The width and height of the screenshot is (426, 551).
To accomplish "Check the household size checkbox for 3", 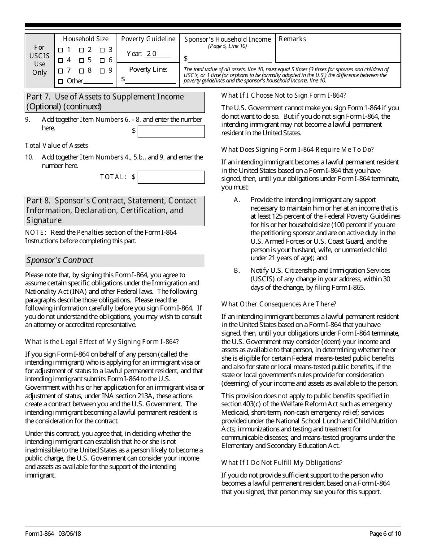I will click(x=102, y=50).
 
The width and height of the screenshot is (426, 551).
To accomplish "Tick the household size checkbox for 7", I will click(x=61, y=71).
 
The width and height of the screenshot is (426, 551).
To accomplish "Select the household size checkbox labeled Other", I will click(x=61, y=82).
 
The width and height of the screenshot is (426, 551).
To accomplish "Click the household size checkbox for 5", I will click(x=82, y=60).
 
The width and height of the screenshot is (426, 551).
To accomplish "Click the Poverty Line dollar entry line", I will click(x=151, y=80).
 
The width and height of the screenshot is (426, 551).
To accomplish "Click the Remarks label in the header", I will click(x=292, y=39).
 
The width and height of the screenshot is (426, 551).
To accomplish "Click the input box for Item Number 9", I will click(x=171, y=131).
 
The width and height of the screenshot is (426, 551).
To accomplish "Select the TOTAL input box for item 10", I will click(x=171, y=177).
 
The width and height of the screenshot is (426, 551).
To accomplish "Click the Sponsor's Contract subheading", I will click(x=60, y=260).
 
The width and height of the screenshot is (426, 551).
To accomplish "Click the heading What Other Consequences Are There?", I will click(x=278, y=304).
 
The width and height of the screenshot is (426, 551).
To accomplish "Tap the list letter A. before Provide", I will click(x=238, y=200).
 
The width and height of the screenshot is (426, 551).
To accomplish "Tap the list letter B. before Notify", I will click(x=238, y=271).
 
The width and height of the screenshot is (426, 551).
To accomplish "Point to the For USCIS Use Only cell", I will click(x=39, y=60).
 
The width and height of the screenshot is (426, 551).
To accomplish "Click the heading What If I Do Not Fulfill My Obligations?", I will click(x=282, y=463).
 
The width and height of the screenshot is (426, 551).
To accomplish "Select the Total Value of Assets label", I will click(x=57, y=146).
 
